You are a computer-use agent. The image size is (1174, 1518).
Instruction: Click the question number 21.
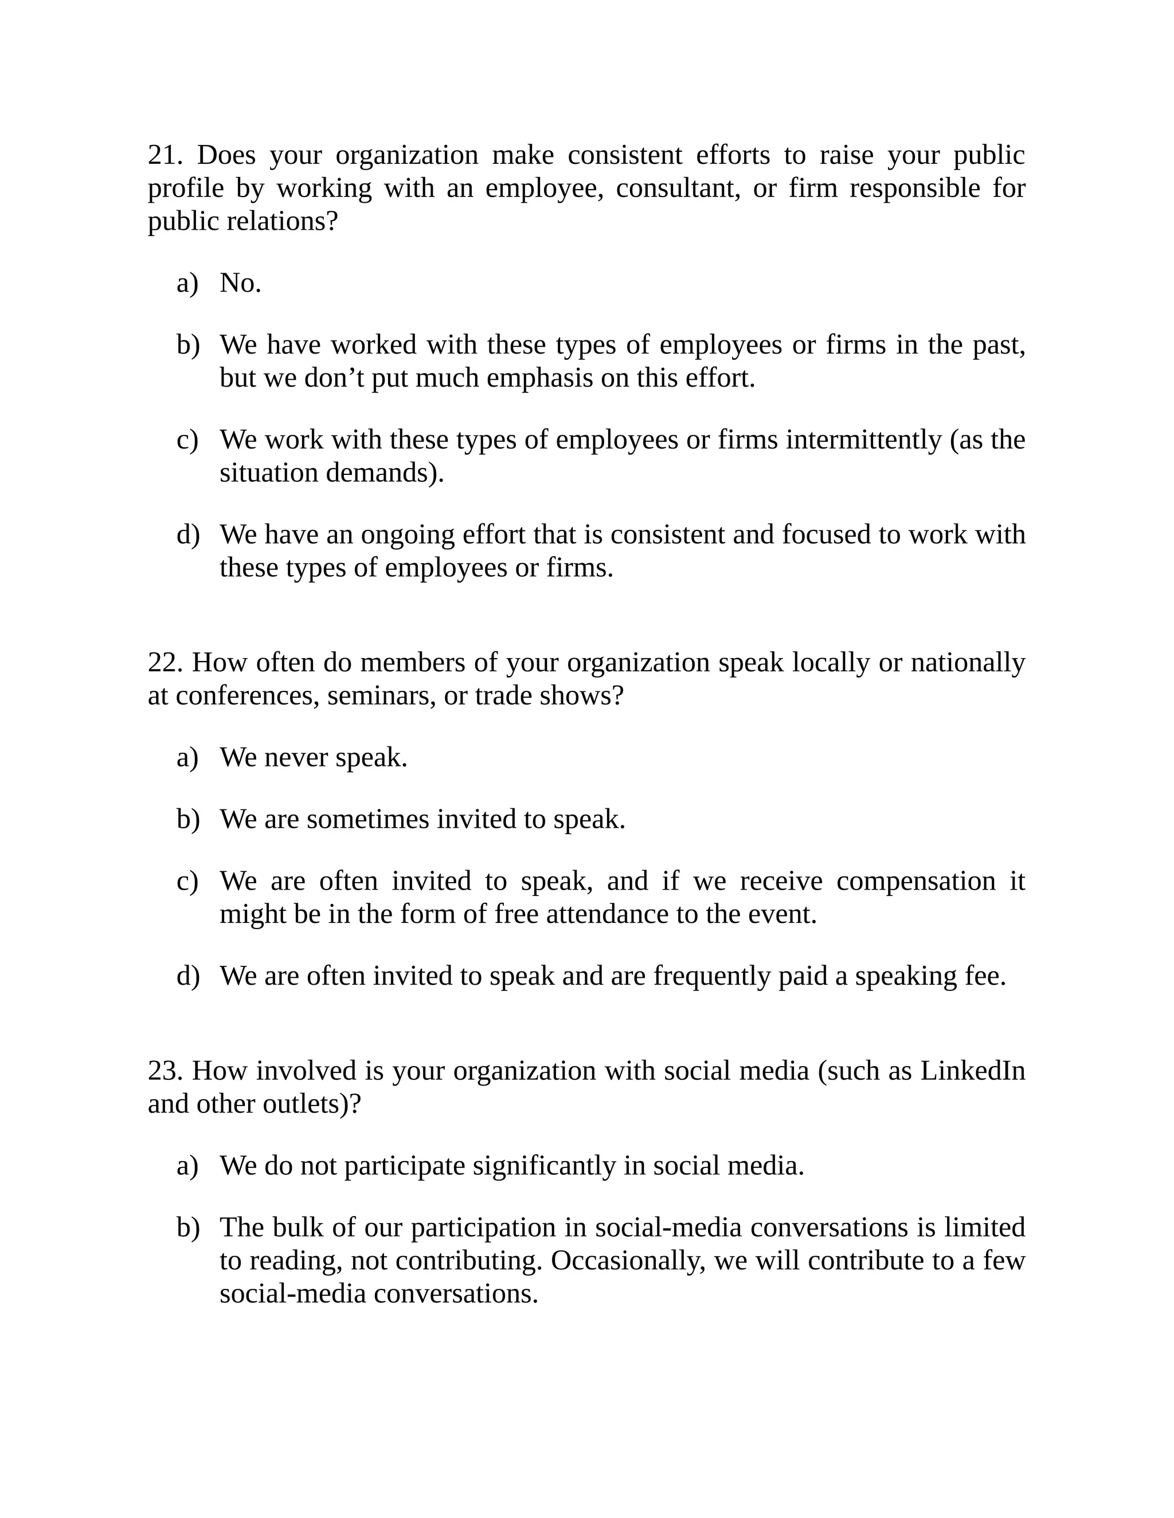[165, 155]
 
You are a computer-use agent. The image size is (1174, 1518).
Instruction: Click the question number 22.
[165, 662]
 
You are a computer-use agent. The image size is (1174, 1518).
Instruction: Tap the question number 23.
[165, 1071]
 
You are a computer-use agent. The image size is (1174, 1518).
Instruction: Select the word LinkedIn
[972, 1071]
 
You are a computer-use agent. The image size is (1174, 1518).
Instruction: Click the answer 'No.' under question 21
[240, 283]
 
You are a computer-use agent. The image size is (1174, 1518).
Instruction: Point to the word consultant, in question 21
[678, 188]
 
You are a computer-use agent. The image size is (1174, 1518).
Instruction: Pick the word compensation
[916, 882]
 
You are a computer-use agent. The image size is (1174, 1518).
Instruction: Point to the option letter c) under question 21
[187, 440]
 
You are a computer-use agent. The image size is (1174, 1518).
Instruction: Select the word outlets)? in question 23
[312, 1104]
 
